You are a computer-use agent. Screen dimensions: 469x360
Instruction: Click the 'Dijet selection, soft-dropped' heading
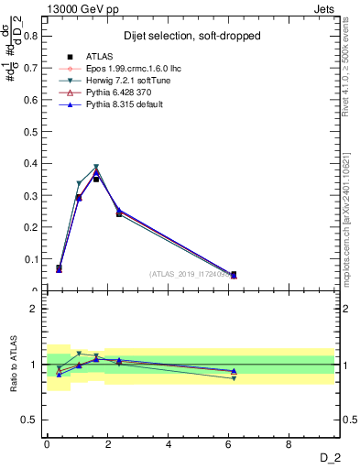tap(192, 36)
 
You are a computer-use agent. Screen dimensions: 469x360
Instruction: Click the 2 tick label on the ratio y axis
tap(35, 309)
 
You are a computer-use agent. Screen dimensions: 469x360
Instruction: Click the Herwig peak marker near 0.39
tap(96, 168)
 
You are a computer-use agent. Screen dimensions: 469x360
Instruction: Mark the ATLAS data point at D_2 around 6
tap(234, 274)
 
